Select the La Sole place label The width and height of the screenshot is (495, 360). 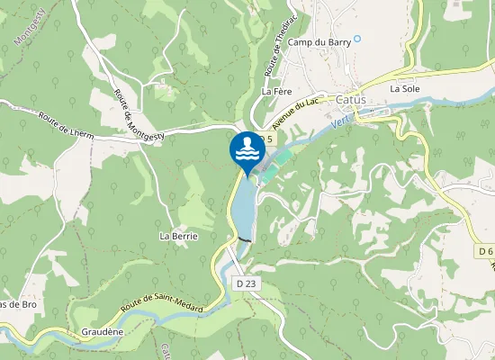point(405,88)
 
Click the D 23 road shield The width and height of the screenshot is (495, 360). point(247,283)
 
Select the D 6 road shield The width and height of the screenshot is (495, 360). point(486,251)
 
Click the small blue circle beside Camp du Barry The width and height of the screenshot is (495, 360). point(357,38)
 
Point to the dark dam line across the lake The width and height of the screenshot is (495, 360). point(244,239)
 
